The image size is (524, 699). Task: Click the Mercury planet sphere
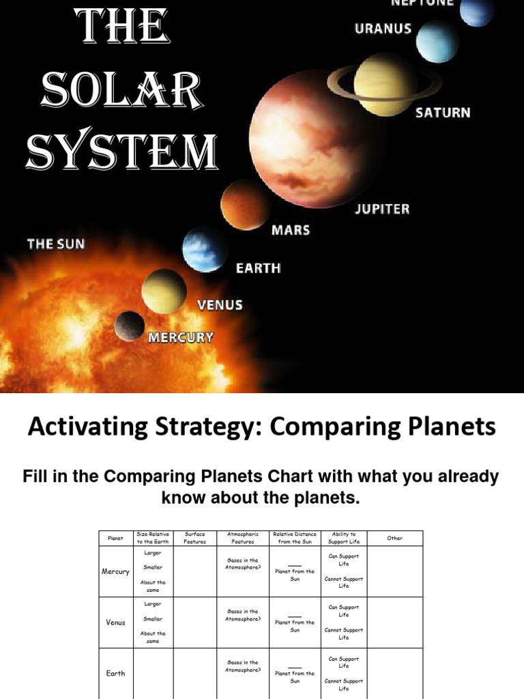[x=130, y=326]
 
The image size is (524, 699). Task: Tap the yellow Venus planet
[x=164, y=291]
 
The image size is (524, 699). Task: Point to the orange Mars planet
[x=244, y=205]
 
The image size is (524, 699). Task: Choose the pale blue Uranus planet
[x=437, y=41]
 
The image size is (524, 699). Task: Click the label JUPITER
[x=382, y=209]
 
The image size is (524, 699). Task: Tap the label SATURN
[x=443, y=112]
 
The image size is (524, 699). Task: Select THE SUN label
[x=56, y=244]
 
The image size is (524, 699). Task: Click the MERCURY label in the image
[x=181, y=337]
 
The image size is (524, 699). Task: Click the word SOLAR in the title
[x=121, y=90]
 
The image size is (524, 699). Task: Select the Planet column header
[x=116, y=538]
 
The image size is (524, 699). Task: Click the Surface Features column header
[x=194, y=538]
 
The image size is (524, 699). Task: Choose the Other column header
[x=394, y=538]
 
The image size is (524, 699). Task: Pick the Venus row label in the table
[x=116, y=623]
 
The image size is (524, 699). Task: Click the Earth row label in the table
[x=116, y=673]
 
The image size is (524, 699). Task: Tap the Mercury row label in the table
[x=116, y=571]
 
